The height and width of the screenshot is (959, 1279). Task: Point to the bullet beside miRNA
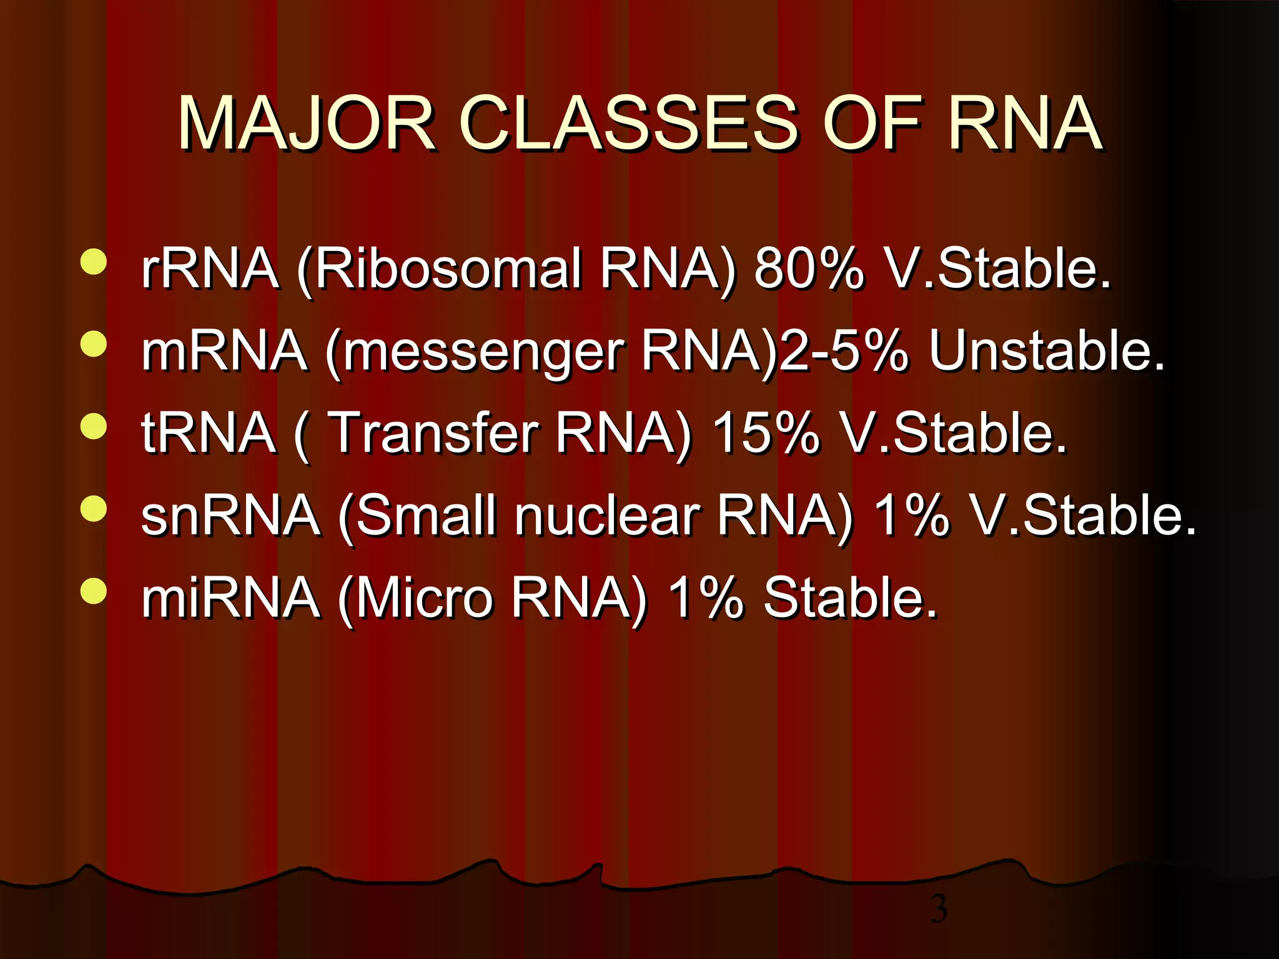pos(94,591)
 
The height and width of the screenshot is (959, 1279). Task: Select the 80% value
pos(809,268)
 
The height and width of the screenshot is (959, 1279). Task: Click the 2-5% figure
pos(844,351)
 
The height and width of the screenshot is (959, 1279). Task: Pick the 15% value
pos(766,433)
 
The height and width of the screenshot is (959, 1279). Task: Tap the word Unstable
pos(1046,351)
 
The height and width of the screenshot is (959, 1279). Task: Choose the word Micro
pos(425,598)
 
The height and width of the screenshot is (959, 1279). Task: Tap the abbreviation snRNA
pos(230,516)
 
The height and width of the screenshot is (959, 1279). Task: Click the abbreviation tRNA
pos(209,433)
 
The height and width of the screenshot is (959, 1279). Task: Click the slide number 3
pos(938,909)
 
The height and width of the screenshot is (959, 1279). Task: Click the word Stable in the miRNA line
pos(849,598)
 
